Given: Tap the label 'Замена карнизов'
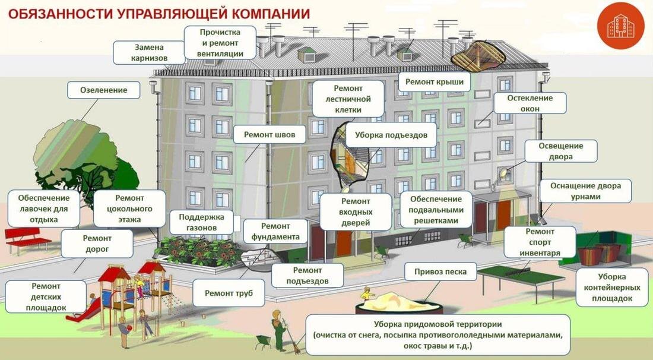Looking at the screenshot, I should [149, 52].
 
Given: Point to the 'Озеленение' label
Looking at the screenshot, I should [104, 90].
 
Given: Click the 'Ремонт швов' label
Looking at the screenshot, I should [269, 135].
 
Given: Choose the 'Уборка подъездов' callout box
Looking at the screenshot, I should [391, 135].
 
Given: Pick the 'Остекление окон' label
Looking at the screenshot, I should [530, 103].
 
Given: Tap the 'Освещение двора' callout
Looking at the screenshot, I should [560, 151].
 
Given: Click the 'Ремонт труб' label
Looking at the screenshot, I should [229, 293].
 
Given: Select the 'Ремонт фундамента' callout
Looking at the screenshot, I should [275, 232].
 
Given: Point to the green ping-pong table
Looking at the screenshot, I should [520, 274].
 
